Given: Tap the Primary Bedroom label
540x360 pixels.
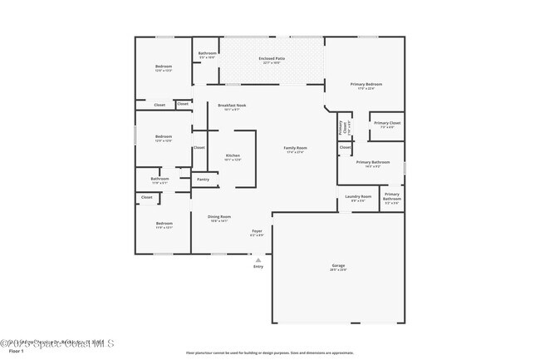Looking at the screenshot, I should click(366, 85).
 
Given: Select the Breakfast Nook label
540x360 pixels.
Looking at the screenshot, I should click(232, 106).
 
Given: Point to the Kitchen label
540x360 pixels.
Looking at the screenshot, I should click(233, 156).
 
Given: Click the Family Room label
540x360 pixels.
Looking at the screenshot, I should click(296, 149).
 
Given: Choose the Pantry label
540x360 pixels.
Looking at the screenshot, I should click(203, 179).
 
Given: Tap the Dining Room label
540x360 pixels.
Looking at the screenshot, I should click(219, 218).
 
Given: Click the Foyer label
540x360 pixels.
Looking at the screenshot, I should click(257, 232).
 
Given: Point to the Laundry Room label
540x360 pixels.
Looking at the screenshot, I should click(358, 198).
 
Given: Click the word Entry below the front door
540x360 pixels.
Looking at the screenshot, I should click(258, 266).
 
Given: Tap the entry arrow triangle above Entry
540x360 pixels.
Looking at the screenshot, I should click(258, 259).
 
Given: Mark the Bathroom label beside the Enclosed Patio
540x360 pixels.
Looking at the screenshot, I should click(207, 54).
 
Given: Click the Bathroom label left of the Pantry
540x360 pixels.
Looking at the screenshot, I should click(160, 179).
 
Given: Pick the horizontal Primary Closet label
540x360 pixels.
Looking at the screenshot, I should click(387, 124).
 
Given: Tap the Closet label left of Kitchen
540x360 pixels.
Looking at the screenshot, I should click(199, 147).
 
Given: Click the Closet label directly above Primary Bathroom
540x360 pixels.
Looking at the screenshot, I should click(345, 147).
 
